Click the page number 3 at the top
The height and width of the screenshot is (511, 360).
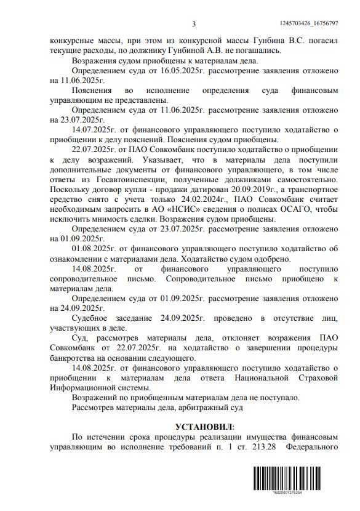coord(193,24)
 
